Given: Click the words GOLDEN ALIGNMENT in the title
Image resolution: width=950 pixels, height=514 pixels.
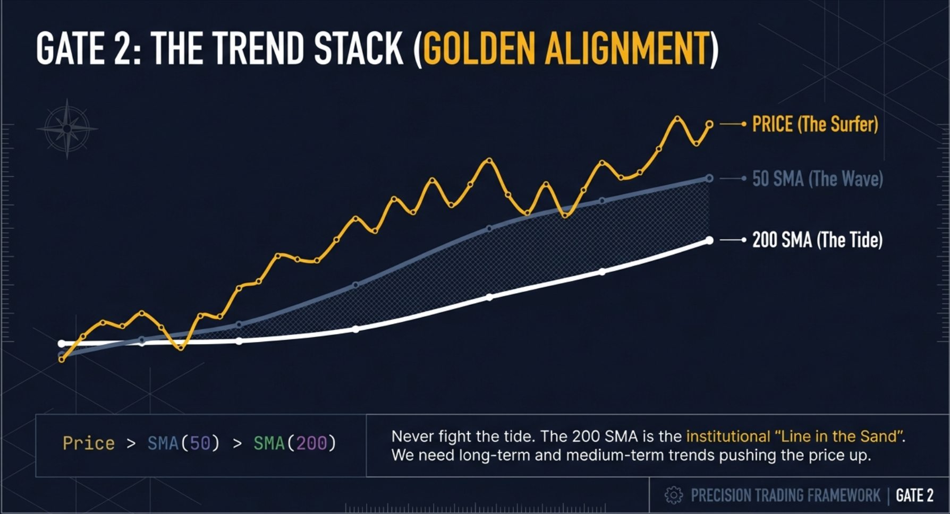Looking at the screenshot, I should (566, 49).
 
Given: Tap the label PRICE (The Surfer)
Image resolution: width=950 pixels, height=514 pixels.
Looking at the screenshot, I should (815, 124).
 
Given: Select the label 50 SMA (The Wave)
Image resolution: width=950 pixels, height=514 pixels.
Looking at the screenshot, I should (817, 179).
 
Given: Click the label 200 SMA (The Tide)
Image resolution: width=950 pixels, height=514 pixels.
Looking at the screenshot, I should (817, 240).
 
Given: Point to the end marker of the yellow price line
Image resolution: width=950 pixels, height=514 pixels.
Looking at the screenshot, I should (709, 124).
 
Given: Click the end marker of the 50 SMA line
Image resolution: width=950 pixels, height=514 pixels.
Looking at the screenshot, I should (709, 178).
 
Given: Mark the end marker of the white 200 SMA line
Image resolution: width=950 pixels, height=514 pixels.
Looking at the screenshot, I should (709, 241).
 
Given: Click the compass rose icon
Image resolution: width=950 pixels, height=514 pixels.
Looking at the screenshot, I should (67, 128).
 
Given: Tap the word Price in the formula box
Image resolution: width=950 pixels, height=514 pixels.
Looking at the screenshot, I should (89, 443).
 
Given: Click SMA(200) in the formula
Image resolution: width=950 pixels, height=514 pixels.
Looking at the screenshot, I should (294, 443).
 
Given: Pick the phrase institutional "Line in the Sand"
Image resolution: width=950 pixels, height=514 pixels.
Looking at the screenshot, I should (794, 436).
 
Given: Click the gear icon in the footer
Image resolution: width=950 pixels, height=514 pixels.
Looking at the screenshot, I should (673, 495).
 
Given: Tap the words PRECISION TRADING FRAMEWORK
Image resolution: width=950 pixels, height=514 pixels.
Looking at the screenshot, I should (785, 495).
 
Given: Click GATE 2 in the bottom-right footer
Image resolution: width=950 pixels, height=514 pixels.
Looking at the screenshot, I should (914, 495).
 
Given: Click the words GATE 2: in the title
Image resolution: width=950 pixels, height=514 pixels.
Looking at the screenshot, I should (88, 49).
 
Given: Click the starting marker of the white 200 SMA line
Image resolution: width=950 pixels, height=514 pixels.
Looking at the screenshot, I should (62, 344).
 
